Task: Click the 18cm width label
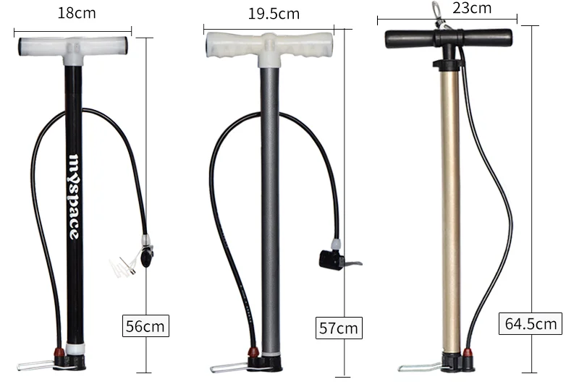click(75, 13)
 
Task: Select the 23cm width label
click(472, 9)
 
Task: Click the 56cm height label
click(145, 326)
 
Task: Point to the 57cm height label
click(339, 328)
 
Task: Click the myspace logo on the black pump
click(74, 195)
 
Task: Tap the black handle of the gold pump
click(449, 38)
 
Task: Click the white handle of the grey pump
click(269, 45)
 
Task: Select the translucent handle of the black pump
click(74, 47)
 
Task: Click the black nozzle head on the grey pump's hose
click(329, 259)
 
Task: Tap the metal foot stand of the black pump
click(36, 365)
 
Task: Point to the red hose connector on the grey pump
click(253, 352)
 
